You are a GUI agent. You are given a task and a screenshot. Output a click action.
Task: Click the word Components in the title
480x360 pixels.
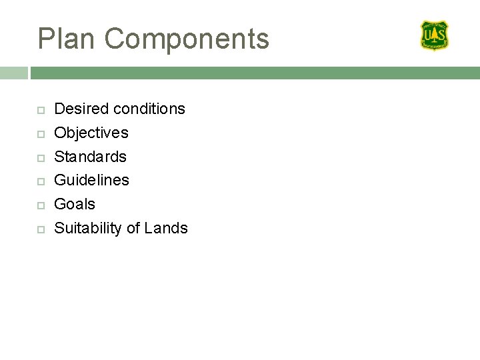pos(187,39)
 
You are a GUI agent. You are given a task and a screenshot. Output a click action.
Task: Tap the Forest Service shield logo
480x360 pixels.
pos(434,35)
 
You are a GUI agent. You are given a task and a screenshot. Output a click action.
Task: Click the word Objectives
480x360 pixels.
pos(91,133)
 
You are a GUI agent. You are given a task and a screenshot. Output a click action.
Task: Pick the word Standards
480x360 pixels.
pos(90,157)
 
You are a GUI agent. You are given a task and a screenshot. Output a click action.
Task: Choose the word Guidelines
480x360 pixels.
pos(91,180)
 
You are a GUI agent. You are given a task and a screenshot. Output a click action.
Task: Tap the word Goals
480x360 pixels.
pos(75,204)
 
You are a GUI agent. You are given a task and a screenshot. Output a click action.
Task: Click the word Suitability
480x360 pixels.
pos(88,229)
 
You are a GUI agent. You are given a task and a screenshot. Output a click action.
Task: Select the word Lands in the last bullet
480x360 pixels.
pos(166,228)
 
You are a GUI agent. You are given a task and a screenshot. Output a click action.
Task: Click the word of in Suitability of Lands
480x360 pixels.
pos(133,228)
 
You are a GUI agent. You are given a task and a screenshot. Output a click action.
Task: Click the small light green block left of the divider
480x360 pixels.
pos(13,73)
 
